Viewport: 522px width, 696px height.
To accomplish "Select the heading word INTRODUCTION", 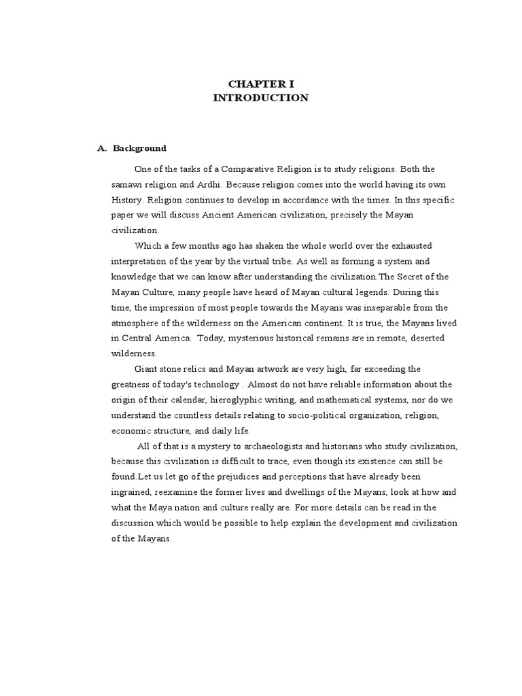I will [260, 98].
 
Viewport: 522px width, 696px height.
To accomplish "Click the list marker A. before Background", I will [102, 148].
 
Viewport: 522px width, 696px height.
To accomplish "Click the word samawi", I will [126, 185].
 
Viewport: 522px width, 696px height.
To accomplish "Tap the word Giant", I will [147, 369].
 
